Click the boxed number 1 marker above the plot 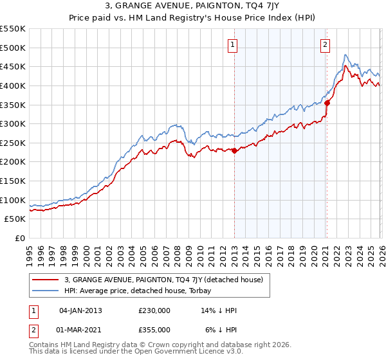coord(232,44)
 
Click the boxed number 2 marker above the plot coord(325,44)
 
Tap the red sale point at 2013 coord(234,150)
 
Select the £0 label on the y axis coord(20,239)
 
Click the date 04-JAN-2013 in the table coord(80,310)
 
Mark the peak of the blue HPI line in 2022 coord(345,55)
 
